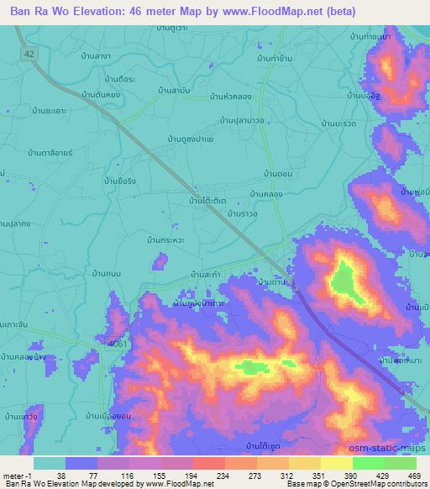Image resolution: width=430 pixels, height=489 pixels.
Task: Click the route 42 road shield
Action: tap(29, 52)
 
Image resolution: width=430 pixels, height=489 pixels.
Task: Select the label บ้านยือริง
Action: tap(119, 181)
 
